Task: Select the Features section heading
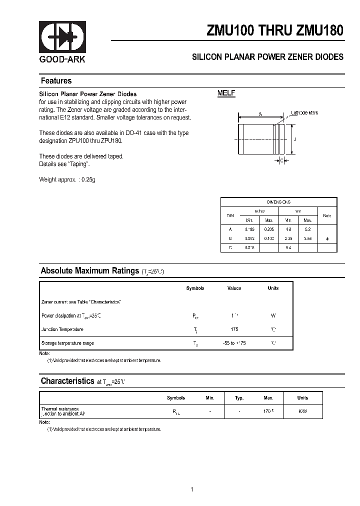(x=56, y=81)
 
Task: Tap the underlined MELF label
(x=226, y=93)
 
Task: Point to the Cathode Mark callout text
(x=304, y=113)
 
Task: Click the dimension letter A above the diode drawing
(x=260, y=114)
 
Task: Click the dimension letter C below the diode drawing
(x=281, y=160)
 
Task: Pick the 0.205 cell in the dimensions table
(x=268, y=229)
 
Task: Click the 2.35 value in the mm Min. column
(x=288, y=238)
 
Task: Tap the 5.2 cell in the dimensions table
(x=307, y=229)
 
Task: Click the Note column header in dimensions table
(x=327, y=215)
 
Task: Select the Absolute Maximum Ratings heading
(x=89, y=271)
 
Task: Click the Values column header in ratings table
(x=234, y=288)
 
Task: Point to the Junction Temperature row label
(x=62, y=329)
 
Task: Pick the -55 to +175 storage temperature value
(x=234, y=343)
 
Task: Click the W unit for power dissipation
(x=273, y=316)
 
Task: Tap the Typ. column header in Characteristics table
(x=239, y=398)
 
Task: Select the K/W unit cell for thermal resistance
(x=302, y=411)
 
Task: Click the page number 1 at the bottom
(x=191, y=475)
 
